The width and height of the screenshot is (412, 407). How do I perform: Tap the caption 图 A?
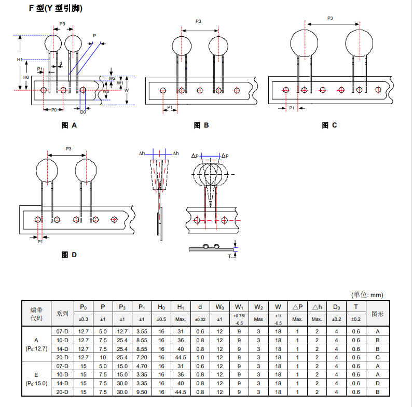tap(69, 125)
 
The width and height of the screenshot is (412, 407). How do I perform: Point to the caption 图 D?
tap(69, 255)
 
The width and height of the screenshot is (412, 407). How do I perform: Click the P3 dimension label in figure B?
tap(198, 21)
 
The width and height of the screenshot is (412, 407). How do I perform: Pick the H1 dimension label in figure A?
tap(19, 60)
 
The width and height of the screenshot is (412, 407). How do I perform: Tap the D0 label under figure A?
tap(83, 111)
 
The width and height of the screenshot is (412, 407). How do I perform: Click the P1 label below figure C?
tap(292, 108)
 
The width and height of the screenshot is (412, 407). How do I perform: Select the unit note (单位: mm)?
tap(367, 294)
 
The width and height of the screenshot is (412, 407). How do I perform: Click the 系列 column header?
tap(62, 313)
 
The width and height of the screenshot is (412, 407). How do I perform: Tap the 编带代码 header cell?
tap(36, 313)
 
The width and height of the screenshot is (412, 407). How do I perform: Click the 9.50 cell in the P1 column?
tap(142, 392)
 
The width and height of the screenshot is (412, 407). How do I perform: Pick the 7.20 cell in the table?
tap(142, 357)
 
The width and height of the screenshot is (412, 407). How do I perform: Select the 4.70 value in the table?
tap(142, 366)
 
